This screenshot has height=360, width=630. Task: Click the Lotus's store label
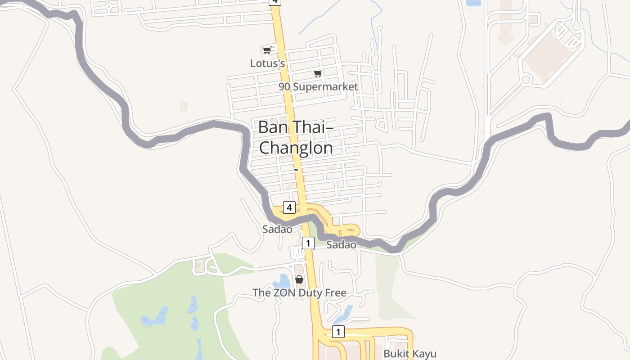pyautogui.click(x=267, y=63)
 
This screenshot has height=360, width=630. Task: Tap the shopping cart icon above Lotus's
pyautogui.click(x=267, y=50)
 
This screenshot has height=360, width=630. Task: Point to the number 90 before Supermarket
pyautogui.click(x=284, y=87)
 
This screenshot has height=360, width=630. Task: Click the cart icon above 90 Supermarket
pyautogui.click(x=318, y=73)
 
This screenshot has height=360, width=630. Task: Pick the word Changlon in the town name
pyautogui.click(x=296, y=148)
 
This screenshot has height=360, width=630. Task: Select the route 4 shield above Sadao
pyautogui.click(x=289, y=207)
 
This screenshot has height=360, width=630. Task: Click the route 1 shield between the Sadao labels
pyautogui.click(x=308, y=243)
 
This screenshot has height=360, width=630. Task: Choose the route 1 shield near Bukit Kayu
pyautogui.click(x=338, y=332)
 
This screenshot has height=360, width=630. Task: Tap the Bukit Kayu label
pyautogui.click(x=409, y=354)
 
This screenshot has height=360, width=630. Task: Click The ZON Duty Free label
pyautogui.click(x=299, y=293)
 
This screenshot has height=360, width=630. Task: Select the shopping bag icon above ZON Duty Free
pyautogui.click(x=299, y=279)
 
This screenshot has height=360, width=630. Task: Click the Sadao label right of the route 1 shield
pyautogui.click(x=341, y=245)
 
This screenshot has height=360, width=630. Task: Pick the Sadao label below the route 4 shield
pyautogui.click(x=277, y=229)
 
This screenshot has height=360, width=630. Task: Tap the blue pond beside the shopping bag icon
pyautogui.click(x=283, y=282)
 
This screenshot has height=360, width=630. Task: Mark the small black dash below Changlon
pyautogui.click(x=296, y=170)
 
